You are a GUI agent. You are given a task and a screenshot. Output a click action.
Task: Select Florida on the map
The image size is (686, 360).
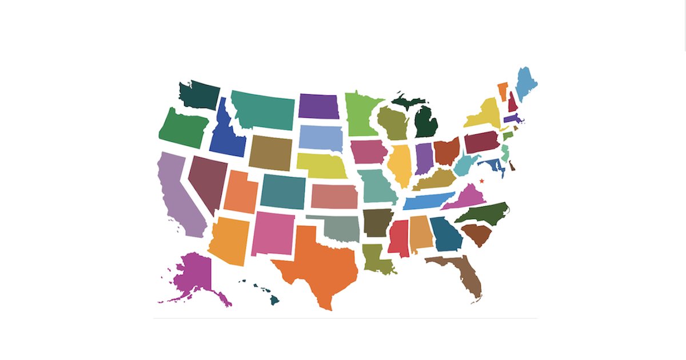(466, 274)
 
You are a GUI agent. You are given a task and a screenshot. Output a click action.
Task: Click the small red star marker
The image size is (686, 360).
(482, 181)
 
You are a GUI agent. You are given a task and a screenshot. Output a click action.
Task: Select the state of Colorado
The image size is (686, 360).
(282, 191)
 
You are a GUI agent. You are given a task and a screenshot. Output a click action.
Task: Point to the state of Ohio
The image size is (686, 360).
(446, 150)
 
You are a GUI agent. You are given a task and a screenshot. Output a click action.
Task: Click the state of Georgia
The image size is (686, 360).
(445, 234)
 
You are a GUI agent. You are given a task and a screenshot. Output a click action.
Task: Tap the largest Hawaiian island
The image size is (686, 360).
(274, 299)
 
